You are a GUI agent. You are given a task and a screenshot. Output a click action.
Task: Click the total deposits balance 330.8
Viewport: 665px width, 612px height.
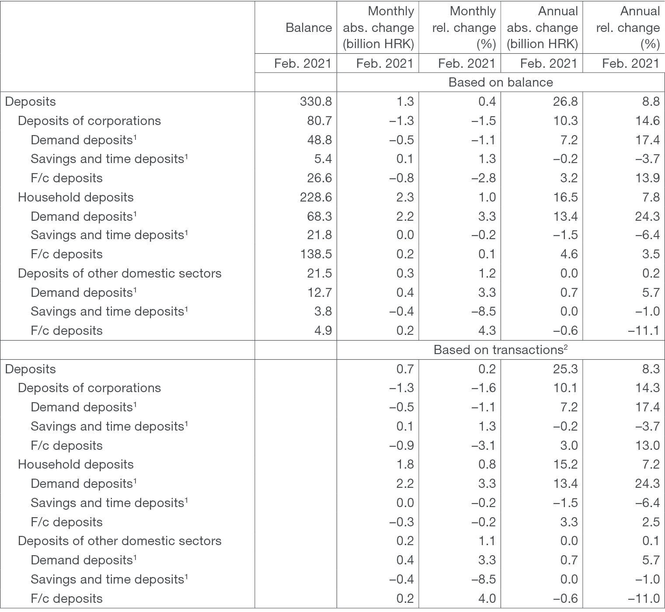tap(315, 101)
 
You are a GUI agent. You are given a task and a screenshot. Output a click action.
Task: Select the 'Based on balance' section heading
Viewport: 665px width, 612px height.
tap(501, 82)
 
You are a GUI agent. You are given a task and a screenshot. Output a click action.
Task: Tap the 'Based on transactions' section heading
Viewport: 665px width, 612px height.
tap(501, 350)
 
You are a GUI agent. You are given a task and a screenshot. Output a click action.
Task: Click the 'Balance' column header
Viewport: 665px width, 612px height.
tap(309, 28)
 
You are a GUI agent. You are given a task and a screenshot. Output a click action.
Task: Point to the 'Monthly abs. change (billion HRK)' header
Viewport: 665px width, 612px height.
tap(378, 28)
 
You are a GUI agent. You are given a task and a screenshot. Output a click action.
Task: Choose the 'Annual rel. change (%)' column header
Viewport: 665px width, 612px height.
tap(628, 28)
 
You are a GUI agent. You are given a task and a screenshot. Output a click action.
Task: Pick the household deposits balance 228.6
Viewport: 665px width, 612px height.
tap(315, 197)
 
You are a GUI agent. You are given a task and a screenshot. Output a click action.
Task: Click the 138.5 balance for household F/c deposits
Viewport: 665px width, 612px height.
tap(315, 254)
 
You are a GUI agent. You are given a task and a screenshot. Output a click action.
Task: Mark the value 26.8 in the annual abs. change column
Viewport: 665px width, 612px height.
tap(565, 101)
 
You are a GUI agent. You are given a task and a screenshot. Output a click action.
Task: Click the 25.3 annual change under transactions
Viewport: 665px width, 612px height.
tap(565, 369)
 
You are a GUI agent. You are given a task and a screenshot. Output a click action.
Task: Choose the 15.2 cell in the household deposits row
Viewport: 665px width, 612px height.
tap(565, 464)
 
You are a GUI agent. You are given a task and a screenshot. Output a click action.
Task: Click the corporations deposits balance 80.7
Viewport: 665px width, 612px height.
tap(319, 121)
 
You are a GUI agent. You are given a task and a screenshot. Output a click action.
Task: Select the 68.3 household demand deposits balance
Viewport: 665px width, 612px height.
tap(319, 216)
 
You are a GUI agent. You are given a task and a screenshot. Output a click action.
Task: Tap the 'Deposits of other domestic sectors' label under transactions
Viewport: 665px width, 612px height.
tap(119, 541)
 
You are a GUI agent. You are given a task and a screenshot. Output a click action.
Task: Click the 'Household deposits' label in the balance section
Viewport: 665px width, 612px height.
tap(76, 197)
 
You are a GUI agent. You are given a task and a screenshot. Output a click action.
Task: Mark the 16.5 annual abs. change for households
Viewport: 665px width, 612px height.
tap(565, 197)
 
